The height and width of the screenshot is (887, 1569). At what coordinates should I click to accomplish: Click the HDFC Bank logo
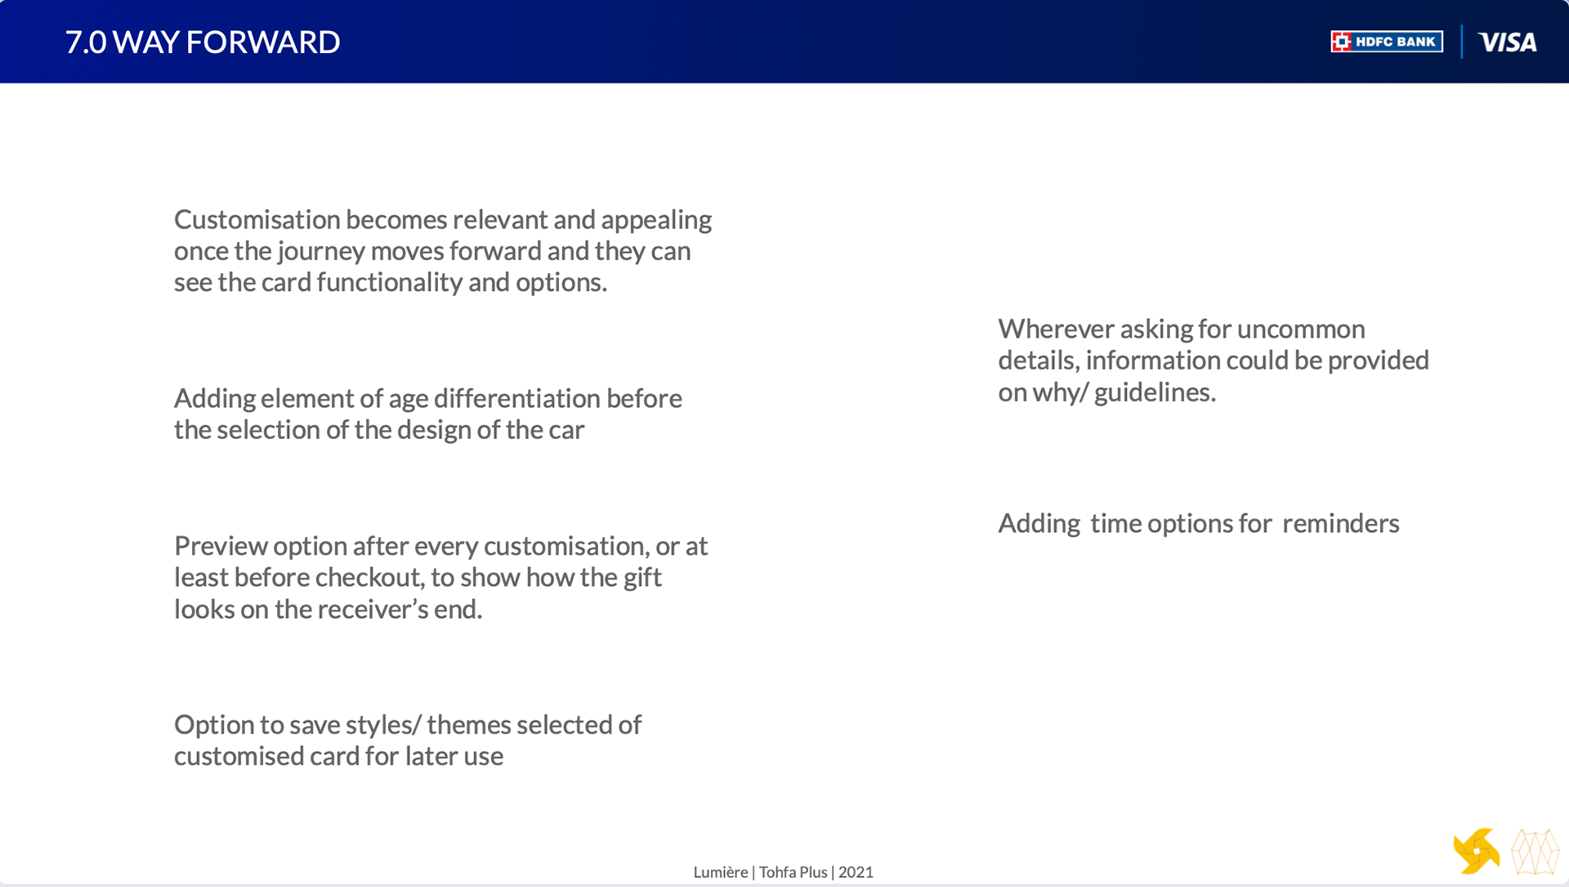(1387, 42)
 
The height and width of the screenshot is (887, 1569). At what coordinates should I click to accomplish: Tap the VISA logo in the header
(1508, 43)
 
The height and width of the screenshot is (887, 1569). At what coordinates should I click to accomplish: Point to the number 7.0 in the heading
(86, 43)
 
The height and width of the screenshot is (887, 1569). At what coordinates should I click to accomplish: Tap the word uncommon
(1301, 329)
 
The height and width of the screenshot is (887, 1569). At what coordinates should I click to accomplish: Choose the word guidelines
(1155, 392)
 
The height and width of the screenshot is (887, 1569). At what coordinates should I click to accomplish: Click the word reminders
(1341, 523)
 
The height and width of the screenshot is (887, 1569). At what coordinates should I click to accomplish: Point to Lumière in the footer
(721, 872)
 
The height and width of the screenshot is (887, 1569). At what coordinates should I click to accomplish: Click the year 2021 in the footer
(856, 872)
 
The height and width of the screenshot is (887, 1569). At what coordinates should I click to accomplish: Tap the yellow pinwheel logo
(1477, 852)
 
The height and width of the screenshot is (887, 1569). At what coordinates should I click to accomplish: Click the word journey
(321, 252)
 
